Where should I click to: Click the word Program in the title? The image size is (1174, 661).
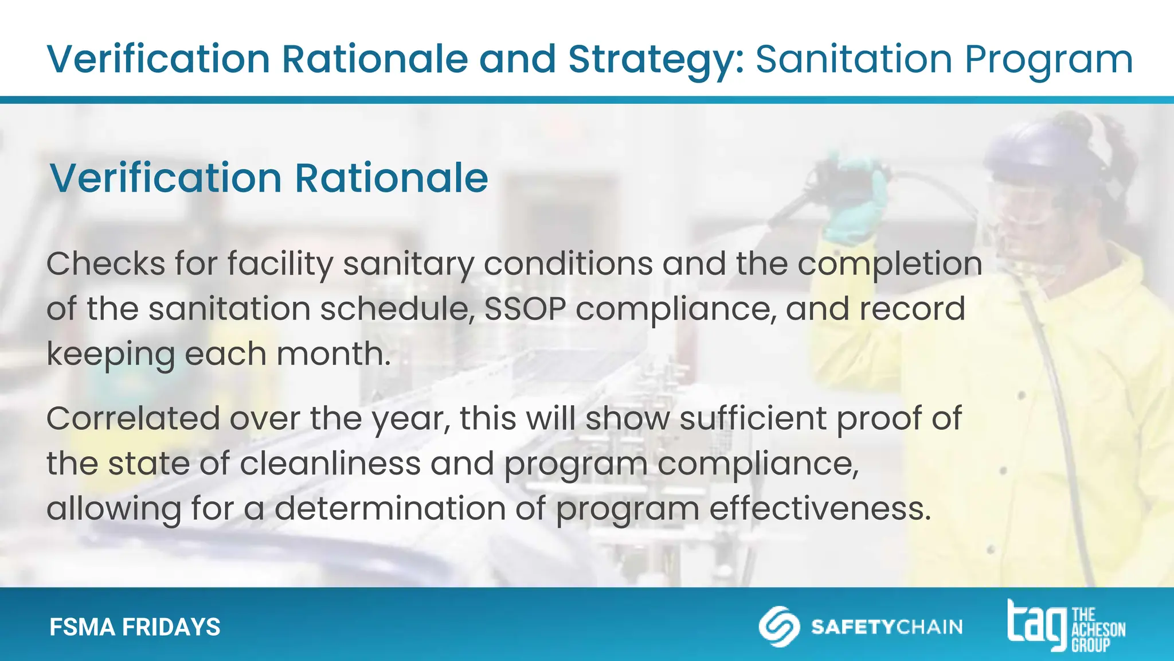tap(1048, 60)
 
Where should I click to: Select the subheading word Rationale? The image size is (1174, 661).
tap(392, 178)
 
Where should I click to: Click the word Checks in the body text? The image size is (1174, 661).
tap(105, 264)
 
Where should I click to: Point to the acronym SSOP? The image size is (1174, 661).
tap(525, 309)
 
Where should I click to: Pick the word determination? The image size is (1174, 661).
tap(390, 508)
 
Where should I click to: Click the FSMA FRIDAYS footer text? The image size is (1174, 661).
tap(135, 627)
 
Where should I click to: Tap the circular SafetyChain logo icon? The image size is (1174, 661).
tap(779, 626)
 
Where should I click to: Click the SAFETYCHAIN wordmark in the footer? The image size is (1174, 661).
tap(887, 627)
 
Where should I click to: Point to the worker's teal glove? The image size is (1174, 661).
tap(854, 201)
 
